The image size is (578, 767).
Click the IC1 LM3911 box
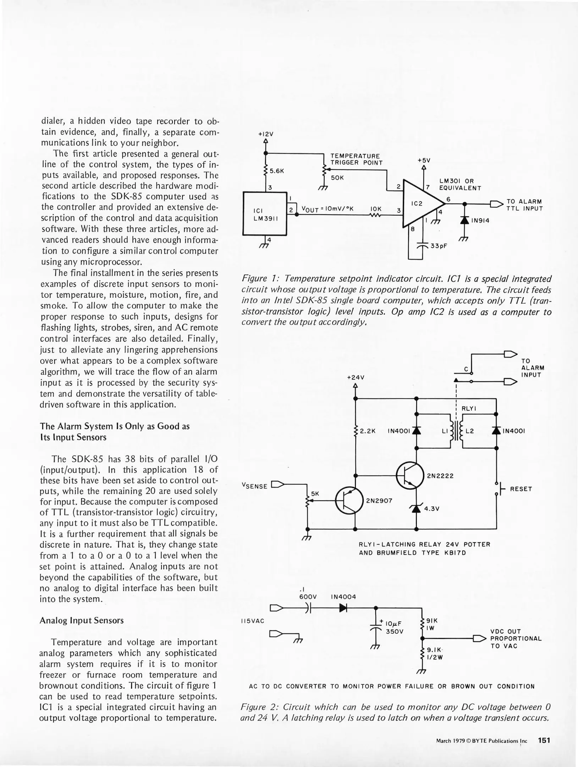tap(264, 214)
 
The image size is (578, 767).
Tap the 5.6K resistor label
tap(277, 171)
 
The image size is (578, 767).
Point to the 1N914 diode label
tap(480, 221)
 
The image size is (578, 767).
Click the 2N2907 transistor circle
tap(349, 501)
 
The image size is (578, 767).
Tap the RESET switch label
tap(521, 489)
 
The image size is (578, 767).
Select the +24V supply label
tap(355, 378)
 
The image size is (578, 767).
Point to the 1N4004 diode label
tap(343, 597)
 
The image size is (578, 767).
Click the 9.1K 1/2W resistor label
tap(434, 653)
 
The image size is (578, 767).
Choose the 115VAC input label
tap(252, 621)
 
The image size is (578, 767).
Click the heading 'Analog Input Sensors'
tap(82, 620)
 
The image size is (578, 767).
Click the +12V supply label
tap(266, 134)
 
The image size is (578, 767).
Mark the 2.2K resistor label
tap(368, 431)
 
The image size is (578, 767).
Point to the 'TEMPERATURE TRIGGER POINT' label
tap(356, 159)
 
